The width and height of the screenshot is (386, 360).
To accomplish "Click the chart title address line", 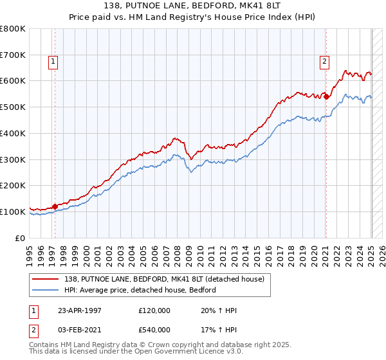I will tap(192, 6).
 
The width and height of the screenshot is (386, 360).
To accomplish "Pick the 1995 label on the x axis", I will tap(30, 251).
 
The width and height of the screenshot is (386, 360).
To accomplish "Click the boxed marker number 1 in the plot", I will tap(52, 62).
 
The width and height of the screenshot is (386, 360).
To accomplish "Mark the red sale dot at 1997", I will tap(55, 206).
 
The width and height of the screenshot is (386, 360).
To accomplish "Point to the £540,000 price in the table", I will tap(154, 329).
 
